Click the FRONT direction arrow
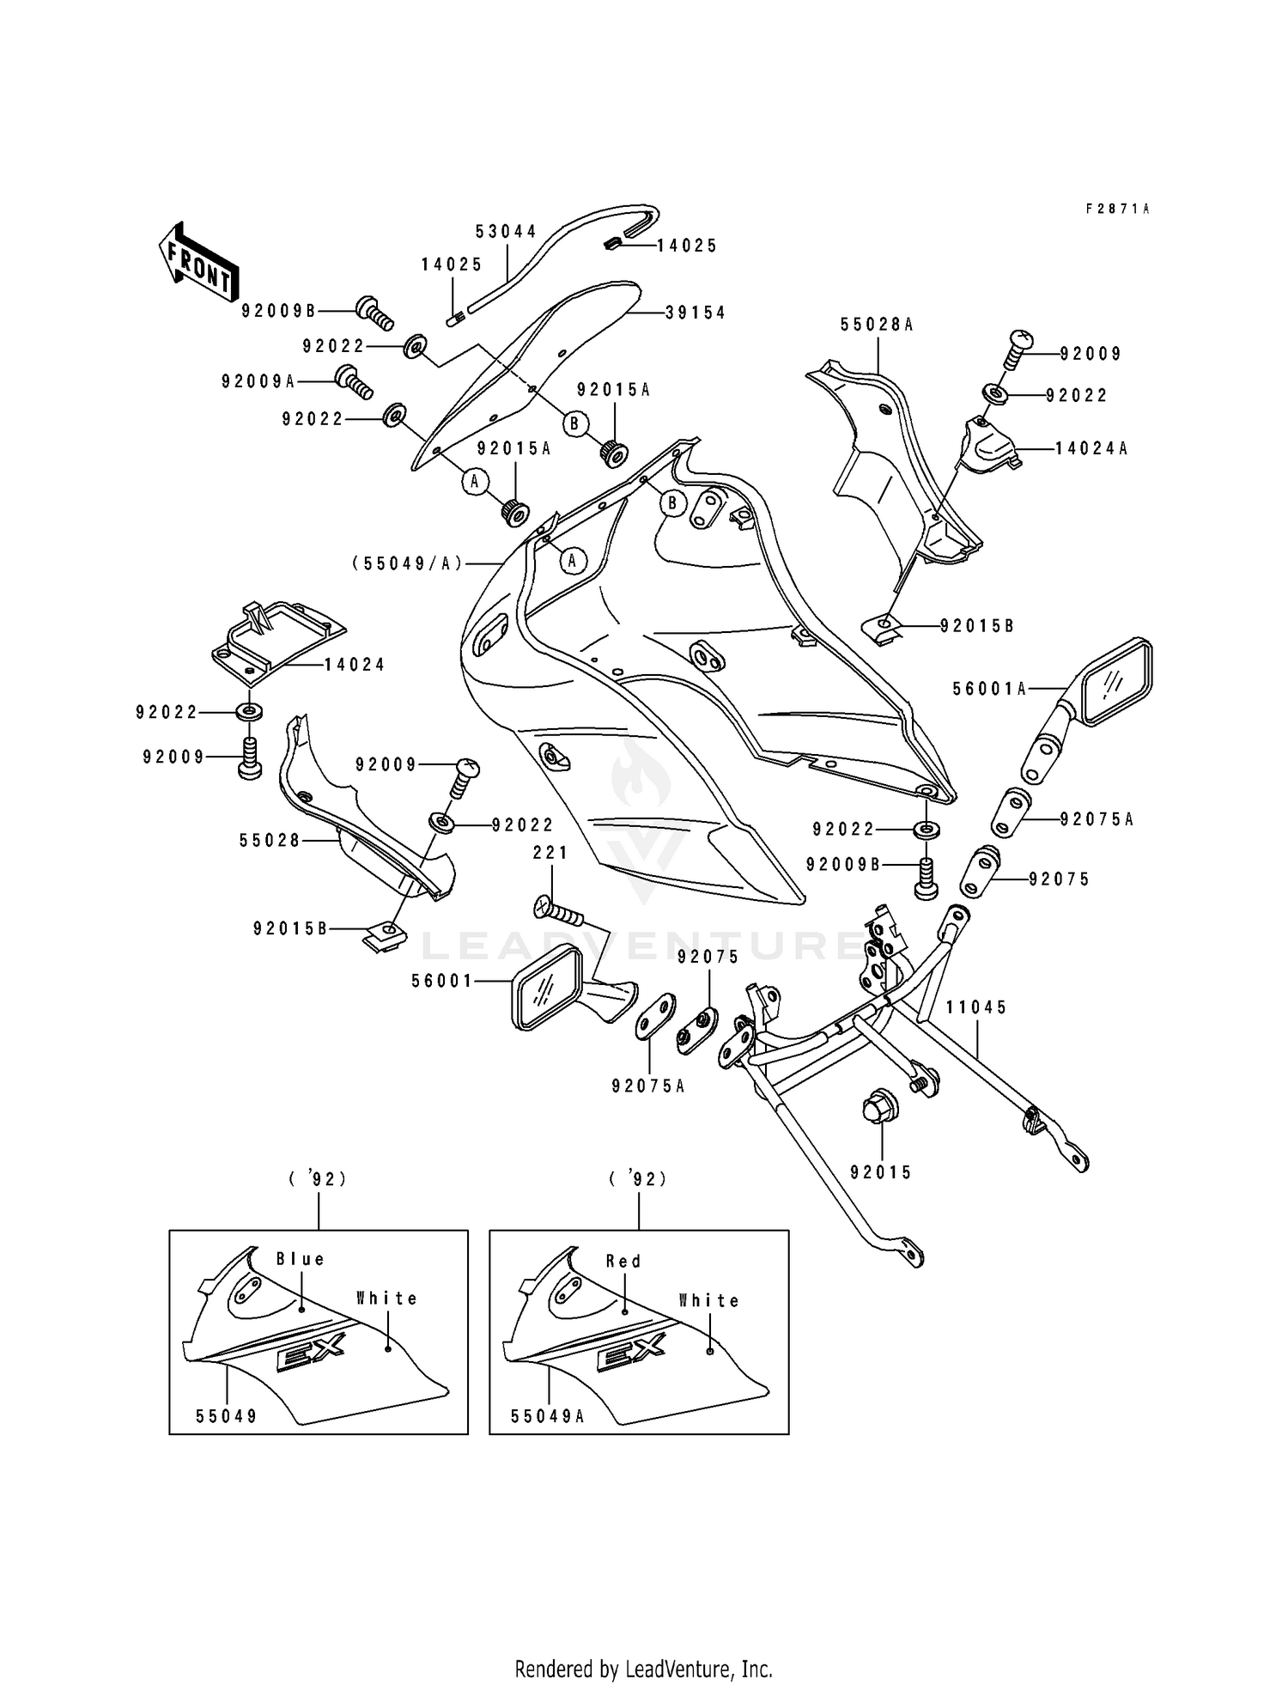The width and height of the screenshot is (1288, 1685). point(197,262)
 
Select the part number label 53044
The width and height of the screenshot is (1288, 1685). point(507,232)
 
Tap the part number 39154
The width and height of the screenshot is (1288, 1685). point(696,313)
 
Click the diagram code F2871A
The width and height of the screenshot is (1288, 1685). point(1117,209)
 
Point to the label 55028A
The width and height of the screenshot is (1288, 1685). point(877,325)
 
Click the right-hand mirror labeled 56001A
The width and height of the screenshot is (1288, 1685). point(1108,683)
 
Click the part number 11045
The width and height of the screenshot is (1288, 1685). point(977,1007)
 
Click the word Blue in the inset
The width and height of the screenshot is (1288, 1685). point(301,1260)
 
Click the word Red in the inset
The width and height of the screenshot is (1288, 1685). point(623,1262)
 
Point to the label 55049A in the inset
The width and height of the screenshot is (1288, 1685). point(547,1417)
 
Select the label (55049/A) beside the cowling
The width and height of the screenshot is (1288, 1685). point(407,563)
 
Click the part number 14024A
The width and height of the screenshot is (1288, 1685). point(1091,448)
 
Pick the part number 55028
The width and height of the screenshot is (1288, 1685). point(270,841)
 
